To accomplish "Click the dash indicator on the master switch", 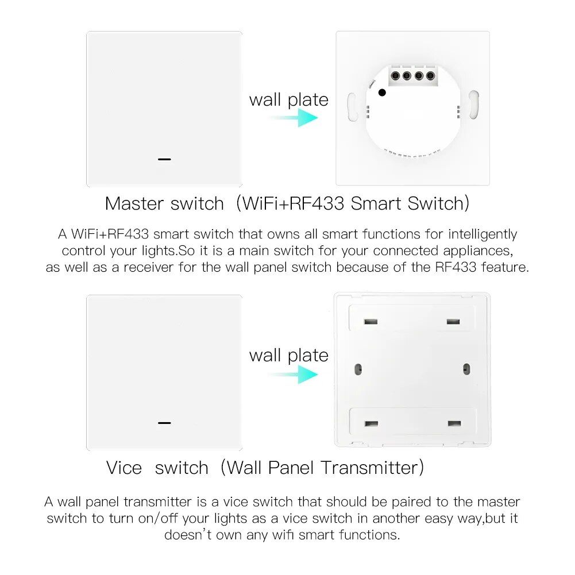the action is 164,159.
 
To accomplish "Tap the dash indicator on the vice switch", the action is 164,423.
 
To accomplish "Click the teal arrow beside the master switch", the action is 294,118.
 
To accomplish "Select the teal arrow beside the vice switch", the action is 294,375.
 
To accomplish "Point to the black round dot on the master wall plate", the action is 382,93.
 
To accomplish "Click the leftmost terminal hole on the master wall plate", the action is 395,76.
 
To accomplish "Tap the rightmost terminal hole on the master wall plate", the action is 430,76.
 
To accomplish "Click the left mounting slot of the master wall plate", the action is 352,107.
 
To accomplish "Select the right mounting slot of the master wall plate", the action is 474,105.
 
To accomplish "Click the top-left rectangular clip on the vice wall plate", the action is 371,322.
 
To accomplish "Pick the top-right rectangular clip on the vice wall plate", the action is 453,322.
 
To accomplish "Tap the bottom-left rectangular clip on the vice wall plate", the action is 372,423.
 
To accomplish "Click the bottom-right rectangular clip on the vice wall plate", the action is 454,423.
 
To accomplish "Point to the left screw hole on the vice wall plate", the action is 358,369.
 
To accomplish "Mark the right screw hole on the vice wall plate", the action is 466,369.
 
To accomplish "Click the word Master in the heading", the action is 134,203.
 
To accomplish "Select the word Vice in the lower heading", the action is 124,468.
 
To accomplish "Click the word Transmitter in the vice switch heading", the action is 369,468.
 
